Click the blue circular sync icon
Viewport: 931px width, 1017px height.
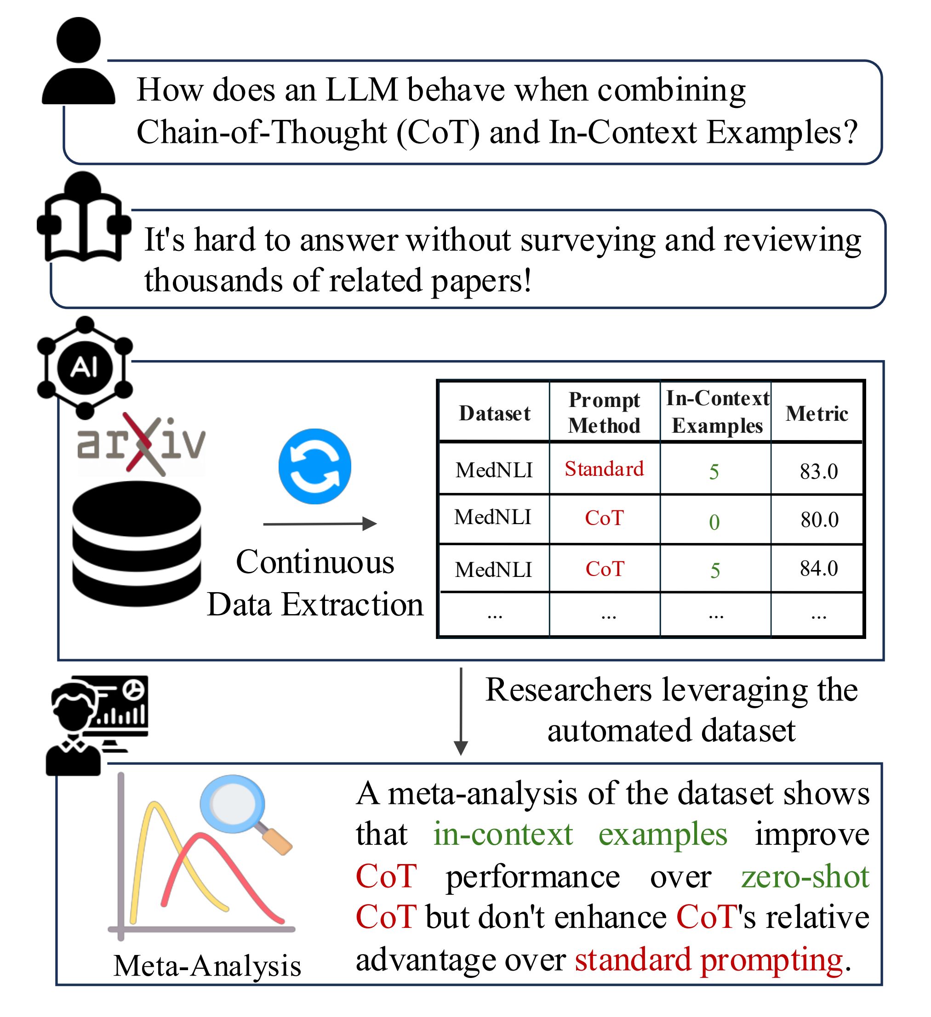coord(314,466)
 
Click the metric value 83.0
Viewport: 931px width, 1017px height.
coord(818,472)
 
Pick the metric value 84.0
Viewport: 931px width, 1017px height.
coord(818,569)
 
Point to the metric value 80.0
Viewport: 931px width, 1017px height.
coord(819,520)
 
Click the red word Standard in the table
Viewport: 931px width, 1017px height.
coord(604,469)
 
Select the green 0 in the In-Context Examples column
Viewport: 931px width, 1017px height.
coord(714,522)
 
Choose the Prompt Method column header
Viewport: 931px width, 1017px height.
coord(604,412)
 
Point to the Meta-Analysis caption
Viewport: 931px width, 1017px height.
coord(207,966)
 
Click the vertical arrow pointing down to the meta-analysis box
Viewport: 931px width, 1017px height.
coord(461,711)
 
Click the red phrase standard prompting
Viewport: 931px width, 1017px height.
coord(709,960)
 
